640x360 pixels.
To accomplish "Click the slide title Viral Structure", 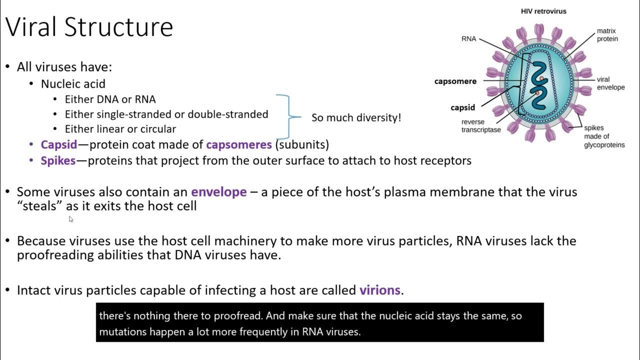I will click(89, 27).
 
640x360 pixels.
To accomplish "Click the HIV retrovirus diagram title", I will click(543, 11).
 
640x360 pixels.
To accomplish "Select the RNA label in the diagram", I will click(469, 38).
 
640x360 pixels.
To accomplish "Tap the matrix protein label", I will click(607, 35).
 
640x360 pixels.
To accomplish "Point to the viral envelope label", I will click(610, 83).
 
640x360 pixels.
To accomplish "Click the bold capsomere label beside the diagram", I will click(455, 81).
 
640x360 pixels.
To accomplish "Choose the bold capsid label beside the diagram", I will click(462, 107).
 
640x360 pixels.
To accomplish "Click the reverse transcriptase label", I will click(480, 126).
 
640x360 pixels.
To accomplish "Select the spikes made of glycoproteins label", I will click(604, 136).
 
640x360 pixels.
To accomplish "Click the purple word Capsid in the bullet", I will click(59, 145).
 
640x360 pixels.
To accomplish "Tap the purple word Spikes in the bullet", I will click(58, 161).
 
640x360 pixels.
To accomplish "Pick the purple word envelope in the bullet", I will click(218, 192).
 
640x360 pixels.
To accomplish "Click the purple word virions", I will click(379, 290).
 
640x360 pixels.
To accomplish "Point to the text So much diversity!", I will click(356, 118).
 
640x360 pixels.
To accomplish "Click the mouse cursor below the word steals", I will click(71, 219).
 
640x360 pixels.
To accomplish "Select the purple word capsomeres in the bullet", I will click(238, 145).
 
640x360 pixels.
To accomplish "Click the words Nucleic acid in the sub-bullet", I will click(73, 84).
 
